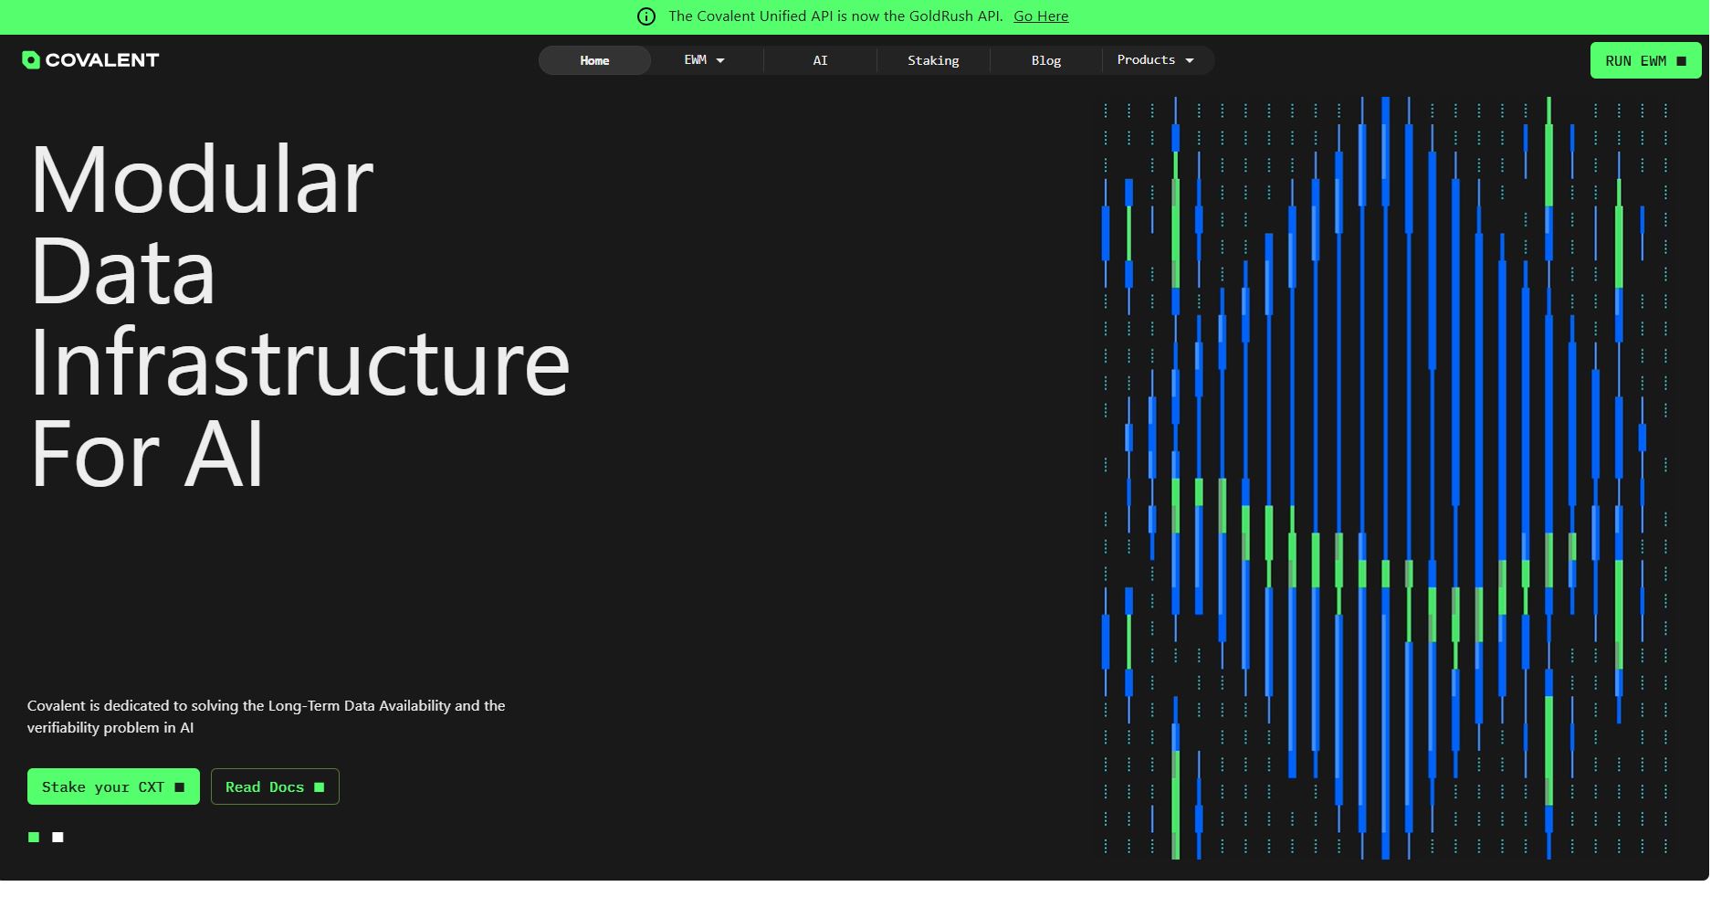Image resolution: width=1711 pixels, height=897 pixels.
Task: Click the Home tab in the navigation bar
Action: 594,60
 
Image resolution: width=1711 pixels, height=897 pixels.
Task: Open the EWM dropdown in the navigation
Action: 704,60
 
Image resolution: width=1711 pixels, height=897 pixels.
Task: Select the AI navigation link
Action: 820,60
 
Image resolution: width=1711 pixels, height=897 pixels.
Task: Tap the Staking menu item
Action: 933,60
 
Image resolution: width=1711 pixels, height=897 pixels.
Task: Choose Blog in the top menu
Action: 1046,60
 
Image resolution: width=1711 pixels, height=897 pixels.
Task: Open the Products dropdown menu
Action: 1156,60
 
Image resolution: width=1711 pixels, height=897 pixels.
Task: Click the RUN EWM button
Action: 1645,60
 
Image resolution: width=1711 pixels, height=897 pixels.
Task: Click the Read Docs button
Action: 275,786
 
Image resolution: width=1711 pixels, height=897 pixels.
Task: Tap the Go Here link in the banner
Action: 1041,16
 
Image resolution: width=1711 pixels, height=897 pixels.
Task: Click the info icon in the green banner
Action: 646,16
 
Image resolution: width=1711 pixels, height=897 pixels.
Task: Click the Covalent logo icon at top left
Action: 31,60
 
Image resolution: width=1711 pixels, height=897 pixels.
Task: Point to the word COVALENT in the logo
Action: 102,60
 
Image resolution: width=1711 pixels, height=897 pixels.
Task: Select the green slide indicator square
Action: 34,837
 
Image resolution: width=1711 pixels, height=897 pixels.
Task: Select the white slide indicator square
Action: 58,837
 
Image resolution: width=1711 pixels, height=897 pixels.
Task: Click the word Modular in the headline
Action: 202,180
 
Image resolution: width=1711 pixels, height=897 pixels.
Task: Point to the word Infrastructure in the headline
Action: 300,363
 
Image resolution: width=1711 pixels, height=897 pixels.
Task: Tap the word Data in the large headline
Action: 123,271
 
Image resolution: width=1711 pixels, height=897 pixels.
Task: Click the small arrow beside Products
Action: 1190,60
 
